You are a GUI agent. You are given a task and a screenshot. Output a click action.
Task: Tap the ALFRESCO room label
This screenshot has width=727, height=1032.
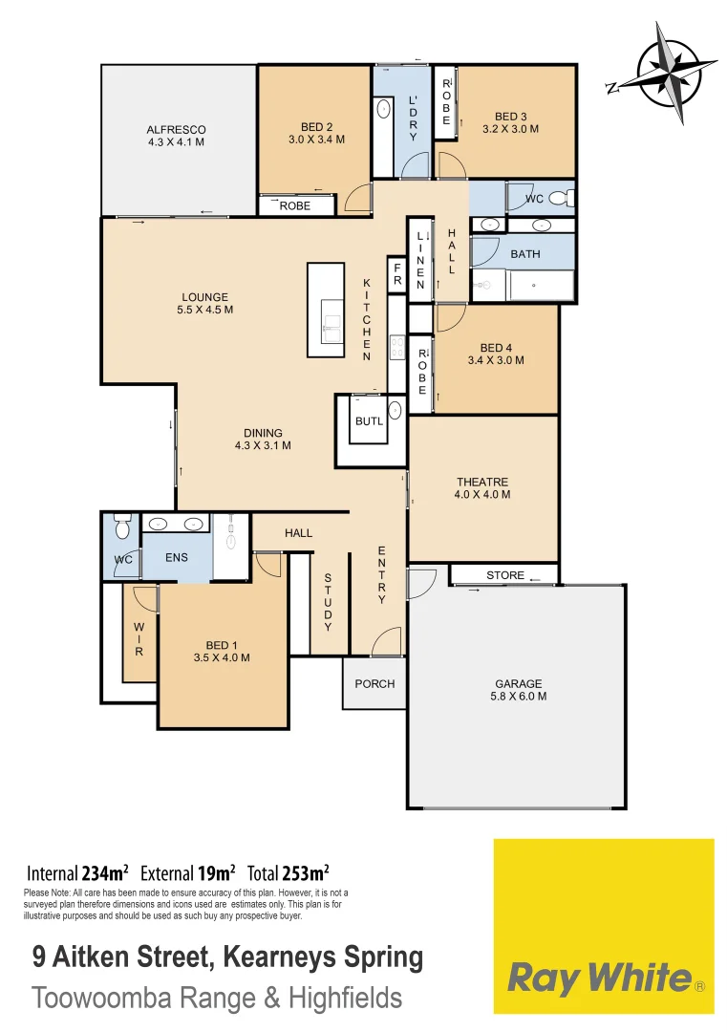pos(176,130)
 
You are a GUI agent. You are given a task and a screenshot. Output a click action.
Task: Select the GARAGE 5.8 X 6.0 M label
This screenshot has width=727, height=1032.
pos(519,683)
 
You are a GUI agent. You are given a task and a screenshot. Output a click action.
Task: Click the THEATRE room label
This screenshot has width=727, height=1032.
pos(482,483)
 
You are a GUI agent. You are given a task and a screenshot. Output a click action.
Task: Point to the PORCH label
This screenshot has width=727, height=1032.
pos(374,683)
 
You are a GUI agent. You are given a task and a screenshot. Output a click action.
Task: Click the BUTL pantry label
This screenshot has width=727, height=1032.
pos(369,420)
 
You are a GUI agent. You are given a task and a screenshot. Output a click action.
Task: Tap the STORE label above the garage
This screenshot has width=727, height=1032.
pos(504,575)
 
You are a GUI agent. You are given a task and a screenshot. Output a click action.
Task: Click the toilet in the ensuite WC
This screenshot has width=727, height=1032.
pos(122,527)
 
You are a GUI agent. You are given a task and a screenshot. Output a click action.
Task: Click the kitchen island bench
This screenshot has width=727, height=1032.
pos(325,310)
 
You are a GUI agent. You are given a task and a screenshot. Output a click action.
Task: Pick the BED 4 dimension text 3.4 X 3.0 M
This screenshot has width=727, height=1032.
pos(496,360)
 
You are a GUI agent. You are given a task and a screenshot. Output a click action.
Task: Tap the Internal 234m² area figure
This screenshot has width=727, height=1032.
pos(77,872)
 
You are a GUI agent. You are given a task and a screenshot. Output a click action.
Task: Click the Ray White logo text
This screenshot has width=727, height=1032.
pos(599,978)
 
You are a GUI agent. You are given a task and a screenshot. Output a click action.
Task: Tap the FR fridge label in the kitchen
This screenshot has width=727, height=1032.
pos(397,275)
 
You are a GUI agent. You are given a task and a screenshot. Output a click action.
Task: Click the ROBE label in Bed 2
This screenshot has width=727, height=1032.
pos(295,205)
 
